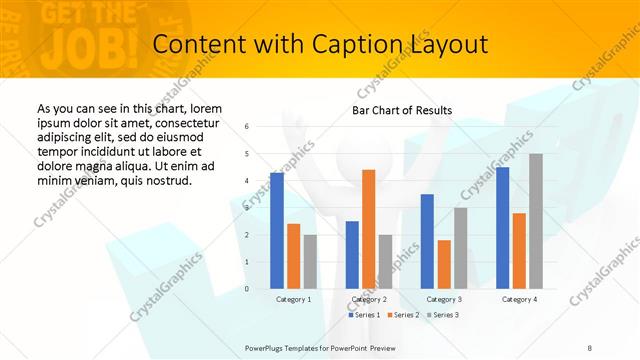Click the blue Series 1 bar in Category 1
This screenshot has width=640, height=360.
pyautogui.click(x=277, y=231)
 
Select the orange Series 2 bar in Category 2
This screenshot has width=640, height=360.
pyautogui.click(x=368, y=229)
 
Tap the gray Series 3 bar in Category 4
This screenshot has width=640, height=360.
pyautogui.click(x=536, y=221)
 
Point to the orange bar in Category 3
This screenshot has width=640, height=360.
pyautogui.click(x=444, y=264)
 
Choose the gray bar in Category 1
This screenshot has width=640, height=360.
pyautogui.click(x=310, y=262)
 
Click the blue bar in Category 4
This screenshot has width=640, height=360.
pyautogui.click(x=502, y=228)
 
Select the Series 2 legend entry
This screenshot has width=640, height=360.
pyautogui.click(x=402, y=315)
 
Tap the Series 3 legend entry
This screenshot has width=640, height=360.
pyautogui.click(x=443, y=315)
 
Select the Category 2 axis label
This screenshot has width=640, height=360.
pyautogui.click(x=368, y=299)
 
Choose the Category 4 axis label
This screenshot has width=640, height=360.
pyautogui.click(x=519, y=299)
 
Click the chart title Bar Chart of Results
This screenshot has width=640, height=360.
pyautogui.click(x=402, y=110)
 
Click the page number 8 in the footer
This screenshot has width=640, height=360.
pyautogui.click(x=590, y=347)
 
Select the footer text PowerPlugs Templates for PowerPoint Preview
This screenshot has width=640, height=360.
pyautogui.click(x=320, y=347)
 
